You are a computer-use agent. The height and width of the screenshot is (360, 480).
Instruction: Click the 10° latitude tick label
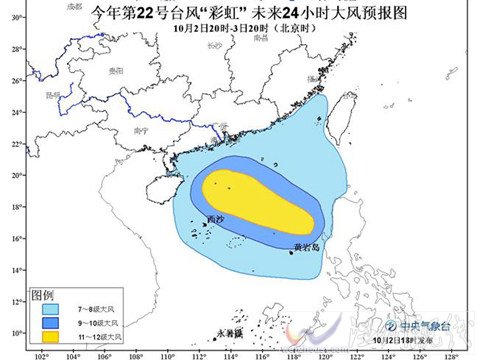(x=17, y=333)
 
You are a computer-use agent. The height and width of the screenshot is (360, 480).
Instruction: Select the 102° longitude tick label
(x=42, y=353)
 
